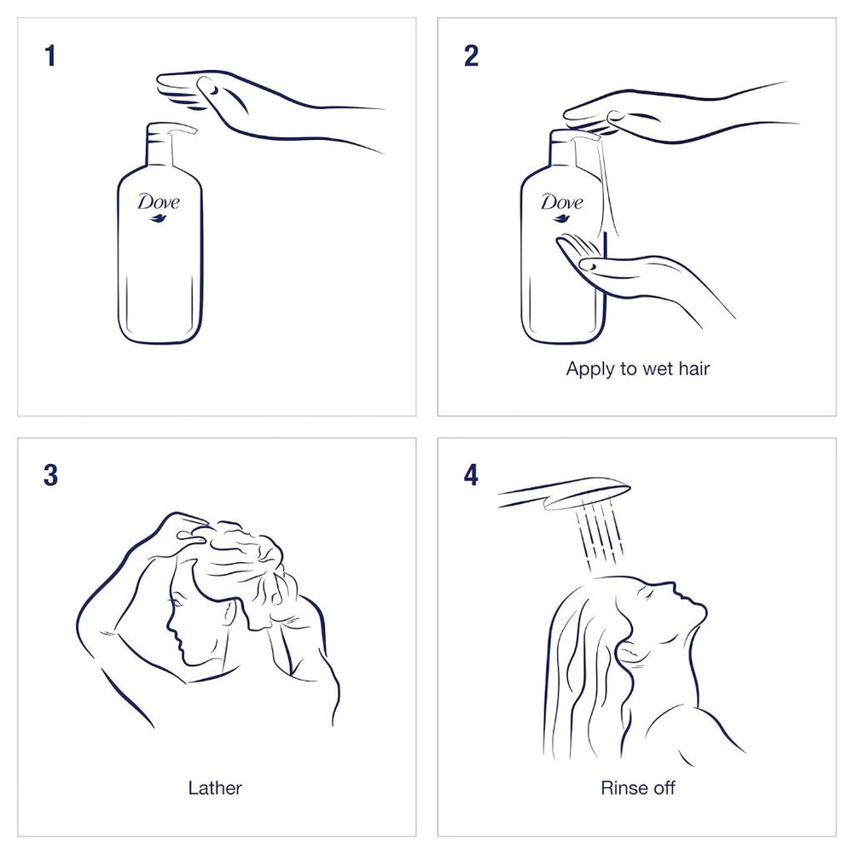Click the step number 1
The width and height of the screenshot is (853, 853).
(x=50, y=57)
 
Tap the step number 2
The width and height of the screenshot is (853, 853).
(x=471, y=57)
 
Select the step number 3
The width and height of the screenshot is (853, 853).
(x=50, y=475)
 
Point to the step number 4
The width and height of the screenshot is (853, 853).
(x=471, y=475)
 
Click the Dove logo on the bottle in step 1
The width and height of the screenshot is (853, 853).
(x=159, y=203)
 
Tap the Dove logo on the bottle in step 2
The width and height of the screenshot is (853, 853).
(x=561, y=203)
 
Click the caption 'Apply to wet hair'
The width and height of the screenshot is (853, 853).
(x=638, y=369)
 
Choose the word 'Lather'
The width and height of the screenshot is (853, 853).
(x=215, y=787)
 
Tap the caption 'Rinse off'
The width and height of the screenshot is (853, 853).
(x=637, y=787)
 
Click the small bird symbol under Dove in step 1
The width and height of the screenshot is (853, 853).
(x=160, y=219)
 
